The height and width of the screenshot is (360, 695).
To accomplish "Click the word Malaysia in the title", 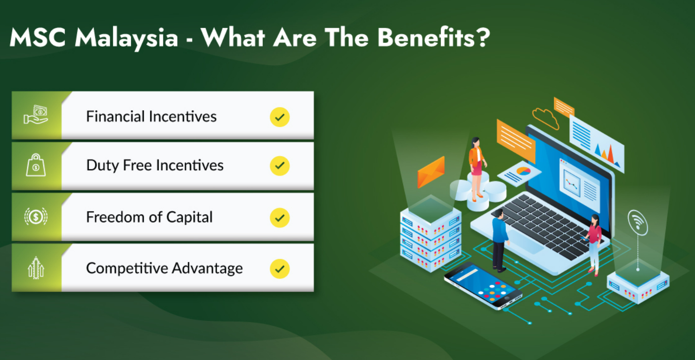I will pos(126,37).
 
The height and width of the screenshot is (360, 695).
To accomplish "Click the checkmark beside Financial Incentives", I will pos(280,117).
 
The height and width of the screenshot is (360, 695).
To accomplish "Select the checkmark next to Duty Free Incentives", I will pos(280,166).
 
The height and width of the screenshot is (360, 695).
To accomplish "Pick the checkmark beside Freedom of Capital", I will pos(280,218).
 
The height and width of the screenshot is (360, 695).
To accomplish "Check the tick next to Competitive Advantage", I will pos(280,269).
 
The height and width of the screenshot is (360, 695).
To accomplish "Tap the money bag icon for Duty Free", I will pos(36,165).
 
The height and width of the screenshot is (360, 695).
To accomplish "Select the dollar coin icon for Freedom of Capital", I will pos(36,216).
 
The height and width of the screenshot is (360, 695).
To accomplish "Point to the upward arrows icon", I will pos(36,268).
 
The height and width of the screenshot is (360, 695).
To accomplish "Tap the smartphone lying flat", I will pos(483,286).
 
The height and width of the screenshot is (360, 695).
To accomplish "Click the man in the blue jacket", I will pos(499,240).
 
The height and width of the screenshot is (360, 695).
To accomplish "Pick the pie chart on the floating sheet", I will pos(523,171).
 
